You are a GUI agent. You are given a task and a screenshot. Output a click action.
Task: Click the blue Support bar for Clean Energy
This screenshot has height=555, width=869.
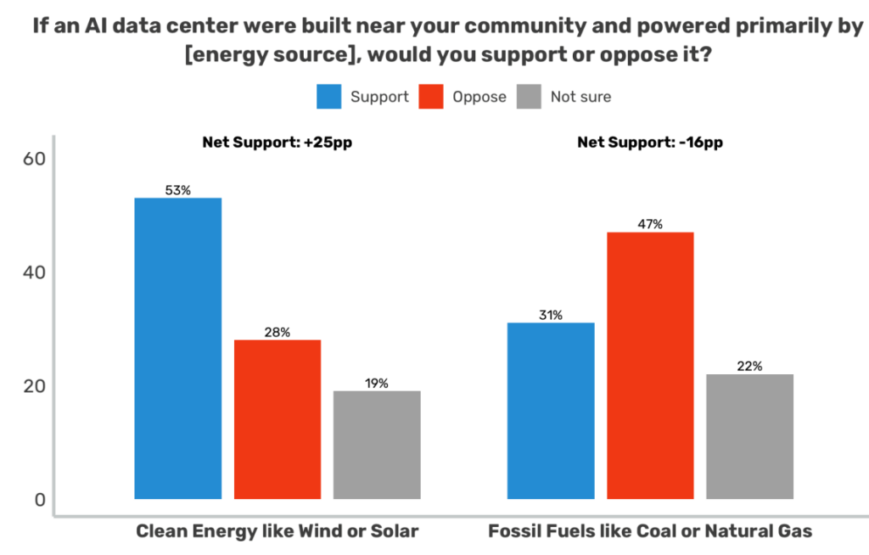[178, 348]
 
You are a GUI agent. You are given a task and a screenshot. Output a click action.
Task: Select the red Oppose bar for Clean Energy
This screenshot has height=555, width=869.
[278, 419]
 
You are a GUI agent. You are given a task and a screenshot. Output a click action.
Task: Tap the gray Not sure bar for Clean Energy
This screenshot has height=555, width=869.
[377, 445]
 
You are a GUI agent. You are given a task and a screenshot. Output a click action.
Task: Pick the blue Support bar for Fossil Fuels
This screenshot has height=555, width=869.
[551, 411]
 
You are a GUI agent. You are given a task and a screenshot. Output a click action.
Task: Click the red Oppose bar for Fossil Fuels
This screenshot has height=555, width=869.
[650, 365]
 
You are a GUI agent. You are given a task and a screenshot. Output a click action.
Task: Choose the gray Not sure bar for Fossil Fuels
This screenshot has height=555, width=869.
[749, 436]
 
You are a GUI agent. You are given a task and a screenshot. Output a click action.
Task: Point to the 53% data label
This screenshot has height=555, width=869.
[178, 190]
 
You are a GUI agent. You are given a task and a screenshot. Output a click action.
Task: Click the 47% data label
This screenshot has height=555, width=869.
[650, 224]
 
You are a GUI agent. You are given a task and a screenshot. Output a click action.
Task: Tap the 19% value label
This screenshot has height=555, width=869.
[377, 383]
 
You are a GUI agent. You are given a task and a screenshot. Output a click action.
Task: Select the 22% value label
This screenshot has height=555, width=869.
[749, 367]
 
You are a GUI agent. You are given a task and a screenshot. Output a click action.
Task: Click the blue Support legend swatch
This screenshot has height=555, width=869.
[328, 97]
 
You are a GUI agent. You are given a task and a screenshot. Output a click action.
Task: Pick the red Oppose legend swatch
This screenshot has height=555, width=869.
[430, 97]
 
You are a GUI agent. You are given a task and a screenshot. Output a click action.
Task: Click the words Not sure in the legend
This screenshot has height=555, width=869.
[580, 97]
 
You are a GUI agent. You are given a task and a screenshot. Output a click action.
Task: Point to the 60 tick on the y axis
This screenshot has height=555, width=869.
[33, 159]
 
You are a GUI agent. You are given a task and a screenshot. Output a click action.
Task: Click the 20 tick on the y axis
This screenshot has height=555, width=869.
[33, 386]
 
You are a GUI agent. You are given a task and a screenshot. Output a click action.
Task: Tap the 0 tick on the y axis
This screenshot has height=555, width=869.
[39, 500]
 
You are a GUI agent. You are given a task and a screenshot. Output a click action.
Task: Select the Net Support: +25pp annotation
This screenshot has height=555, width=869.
[277, 143]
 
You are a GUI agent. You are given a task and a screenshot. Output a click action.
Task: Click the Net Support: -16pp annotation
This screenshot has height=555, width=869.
[650, 143]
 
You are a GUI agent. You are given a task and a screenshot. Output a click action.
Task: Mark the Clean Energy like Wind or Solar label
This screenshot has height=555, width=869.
[278, 532]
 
